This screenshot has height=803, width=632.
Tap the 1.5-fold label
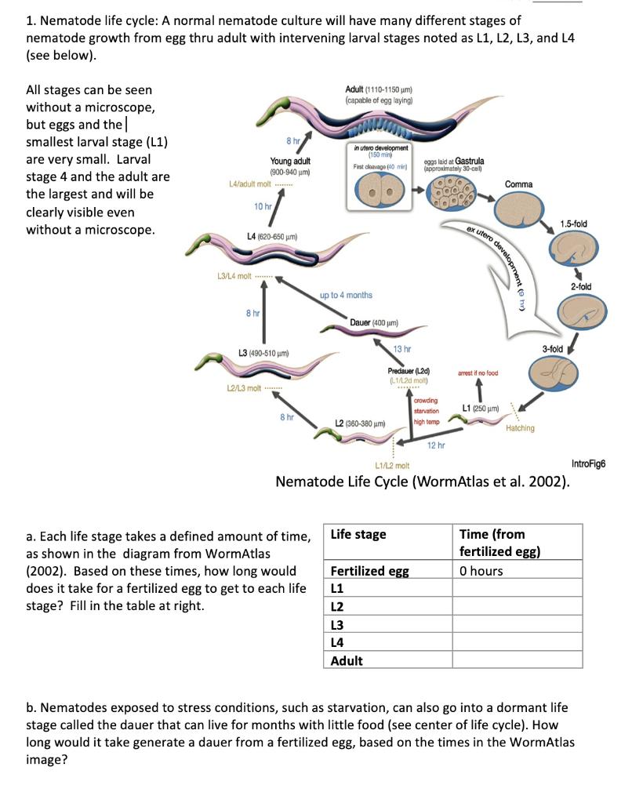pyautogui.click(x=574, y=224)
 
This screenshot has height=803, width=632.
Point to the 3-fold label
pyautogui.click(x=554, y=348)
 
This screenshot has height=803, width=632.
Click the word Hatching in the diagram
pyautogui.click(x=520, y=428)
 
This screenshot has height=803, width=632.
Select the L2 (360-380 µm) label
pyautogui.click(x=361, y=423)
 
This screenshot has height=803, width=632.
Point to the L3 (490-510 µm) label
pyautogui.click(x=264, y=353)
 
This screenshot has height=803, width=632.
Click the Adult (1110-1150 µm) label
pyautogui.click(x=380, y=91)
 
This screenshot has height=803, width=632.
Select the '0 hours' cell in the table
pyautogui.click(x=481, y=570)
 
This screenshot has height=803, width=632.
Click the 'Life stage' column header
pyautogui.click(x=358, y=534)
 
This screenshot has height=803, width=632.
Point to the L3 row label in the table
pyautogui.click(x=338, y=624)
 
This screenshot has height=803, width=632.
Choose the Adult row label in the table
pyautogui.click(x=347, y=660)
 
